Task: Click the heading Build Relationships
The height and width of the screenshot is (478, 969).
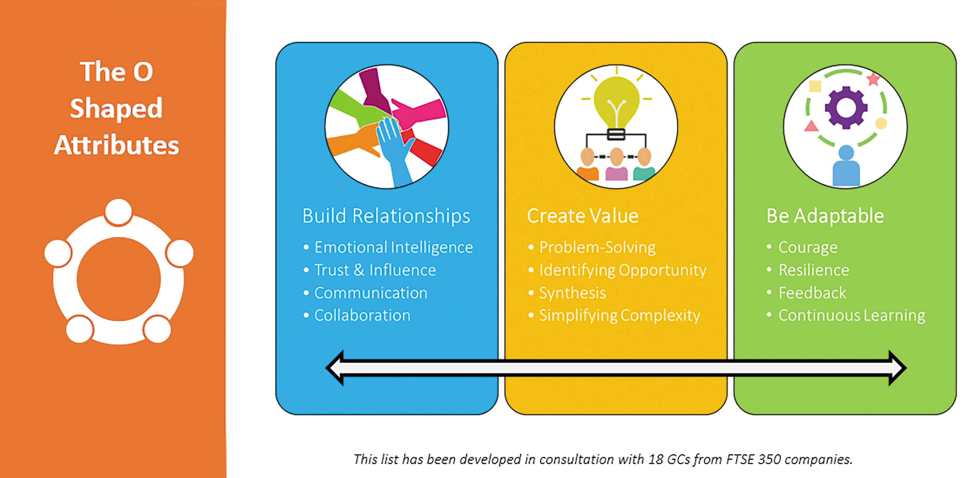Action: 386,216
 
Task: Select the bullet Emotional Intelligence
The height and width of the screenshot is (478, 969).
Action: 393,247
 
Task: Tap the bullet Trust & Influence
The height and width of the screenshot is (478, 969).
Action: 375,270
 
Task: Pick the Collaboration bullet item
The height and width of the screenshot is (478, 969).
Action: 362,315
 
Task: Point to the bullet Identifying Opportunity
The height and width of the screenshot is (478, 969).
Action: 623,270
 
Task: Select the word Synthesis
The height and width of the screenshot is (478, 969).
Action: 572,293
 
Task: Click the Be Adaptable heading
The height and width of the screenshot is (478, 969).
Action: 825,216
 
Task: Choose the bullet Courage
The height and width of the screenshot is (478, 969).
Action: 808,247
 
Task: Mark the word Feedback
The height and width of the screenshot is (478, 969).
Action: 812,293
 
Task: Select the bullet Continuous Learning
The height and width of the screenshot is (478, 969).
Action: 851,315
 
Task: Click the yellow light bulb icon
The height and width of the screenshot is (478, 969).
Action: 616,102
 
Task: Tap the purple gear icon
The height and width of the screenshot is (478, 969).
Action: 846,108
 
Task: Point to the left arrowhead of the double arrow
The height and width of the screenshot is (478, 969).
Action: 336,368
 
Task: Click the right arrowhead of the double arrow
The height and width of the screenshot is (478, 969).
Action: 897,368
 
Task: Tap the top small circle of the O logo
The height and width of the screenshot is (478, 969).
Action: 118,212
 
